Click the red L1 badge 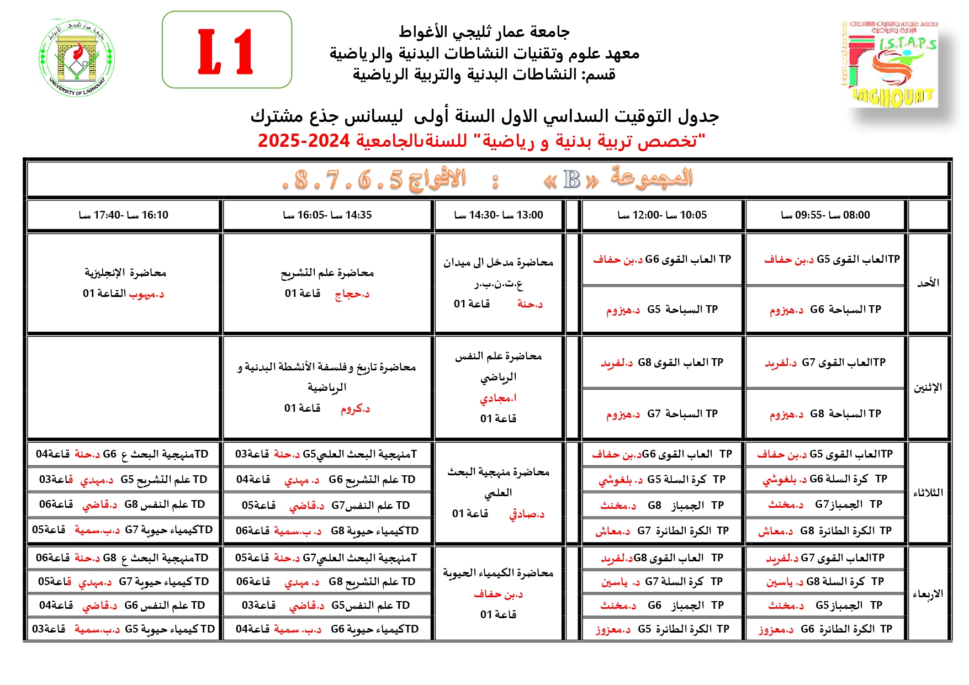[226, 51]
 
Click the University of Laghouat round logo [77, 58]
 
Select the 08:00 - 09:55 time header [825, 215]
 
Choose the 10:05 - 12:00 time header [661, 215]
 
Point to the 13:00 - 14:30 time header [498, 215]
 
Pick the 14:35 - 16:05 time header [327, 215]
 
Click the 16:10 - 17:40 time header [123, 215]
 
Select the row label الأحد [928, 283]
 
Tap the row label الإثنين [928, 387]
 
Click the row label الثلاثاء [928, 492]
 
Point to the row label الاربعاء [928, 594]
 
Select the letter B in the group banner [571, 180]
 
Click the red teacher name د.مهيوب [146, 294]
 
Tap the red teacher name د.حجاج [352, 294]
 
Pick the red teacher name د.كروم [355, 409]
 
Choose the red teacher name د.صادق [527, 514]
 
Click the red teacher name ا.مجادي [498, 398]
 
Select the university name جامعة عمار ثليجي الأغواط [484, 32]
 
